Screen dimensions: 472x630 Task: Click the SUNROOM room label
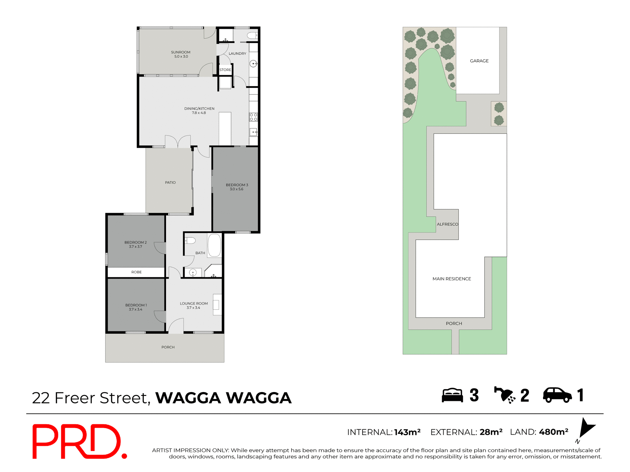[180, 52]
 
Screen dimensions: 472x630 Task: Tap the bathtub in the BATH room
[215, 245]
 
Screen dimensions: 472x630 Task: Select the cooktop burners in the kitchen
[253, 117]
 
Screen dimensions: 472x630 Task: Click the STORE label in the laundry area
[225, 70]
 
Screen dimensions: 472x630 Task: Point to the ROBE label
[136, 272]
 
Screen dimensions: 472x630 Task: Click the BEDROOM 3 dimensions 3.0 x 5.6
[236, 189]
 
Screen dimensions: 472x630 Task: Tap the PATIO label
[170, 183]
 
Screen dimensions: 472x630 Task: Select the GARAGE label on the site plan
[479, 61]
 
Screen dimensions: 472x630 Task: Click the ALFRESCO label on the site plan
[447, 224]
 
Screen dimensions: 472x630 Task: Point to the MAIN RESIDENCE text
[451, 279]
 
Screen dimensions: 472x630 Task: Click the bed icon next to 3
[452, 395]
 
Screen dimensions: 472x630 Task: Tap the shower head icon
[505, 395]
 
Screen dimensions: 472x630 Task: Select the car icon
[557, 395]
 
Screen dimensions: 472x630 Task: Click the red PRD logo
[79, 441]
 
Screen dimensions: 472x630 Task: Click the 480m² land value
[554, 432]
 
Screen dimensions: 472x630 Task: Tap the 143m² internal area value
[407, 432]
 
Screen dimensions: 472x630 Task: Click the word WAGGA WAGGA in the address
[223, 398]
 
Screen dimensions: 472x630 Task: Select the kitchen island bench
[225, 128]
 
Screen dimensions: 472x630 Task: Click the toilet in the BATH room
[190, 241]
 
